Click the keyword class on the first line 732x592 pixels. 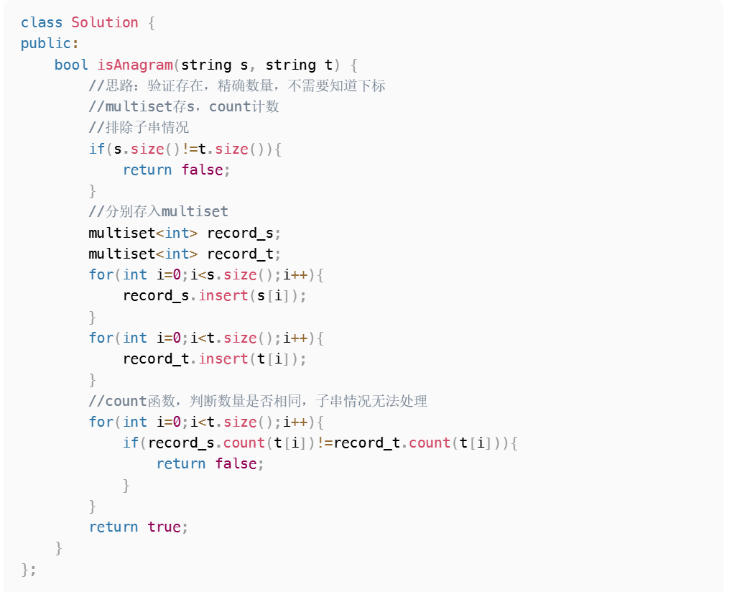pyautogui.click(x=42, y=22)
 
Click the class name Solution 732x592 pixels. pyautogui.click(x=104, y=22)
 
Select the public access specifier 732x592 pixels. pyautogui.click(x=46, y=43)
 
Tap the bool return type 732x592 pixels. pyautogui.click(x=71, y=65)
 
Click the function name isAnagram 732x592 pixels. pyautogui.click(x=135, y=65)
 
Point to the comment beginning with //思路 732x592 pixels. pyautogui.click(x=237, y=85)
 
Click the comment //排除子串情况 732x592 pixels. pyautogui.click(x=139, y=128)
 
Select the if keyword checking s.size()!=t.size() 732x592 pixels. pyautogui.click(x=96, y=149)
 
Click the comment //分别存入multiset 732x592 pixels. pyautogui.click(x=158, y=211)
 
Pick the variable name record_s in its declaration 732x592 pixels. pyautogui.click(x=241, y=233)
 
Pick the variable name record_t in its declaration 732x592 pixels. pyautogui.click(x=241, y=254)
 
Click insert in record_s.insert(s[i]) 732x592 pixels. pyautogui.click(x=223, y=295)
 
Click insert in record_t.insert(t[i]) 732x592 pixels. pyautogui.click(x=223, y=359)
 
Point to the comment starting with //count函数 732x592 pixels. pyautogui.click(x=258, y=400)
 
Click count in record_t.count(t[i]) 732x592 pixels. pyautogui.click(x=430, y=443)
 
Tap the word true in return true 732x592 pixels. pyautogui.click(x=164, y=527)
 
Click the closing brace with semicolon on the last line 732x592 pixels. pyautogui.click(x=29, y=569)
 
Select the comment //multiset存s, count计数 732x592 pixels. pyautogui.click(x=184, y=107)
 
